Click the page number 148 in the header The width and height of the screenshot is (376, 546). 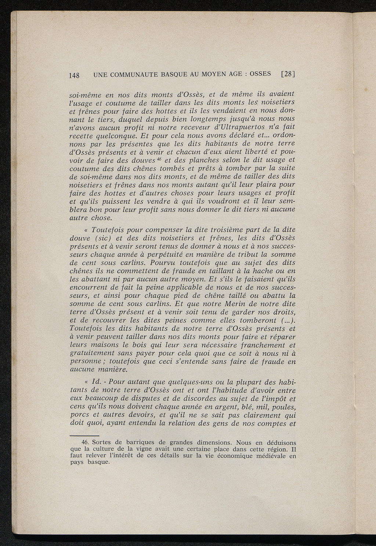[75, 76]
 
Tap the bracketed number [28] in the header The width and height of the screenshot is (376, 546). [288, 74]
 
